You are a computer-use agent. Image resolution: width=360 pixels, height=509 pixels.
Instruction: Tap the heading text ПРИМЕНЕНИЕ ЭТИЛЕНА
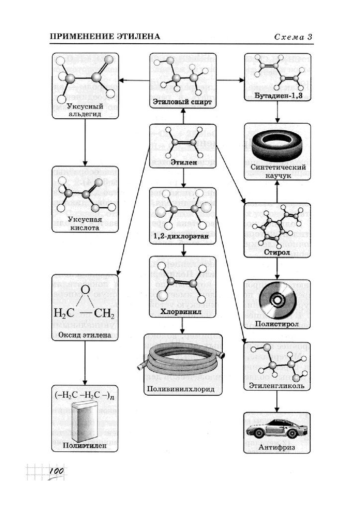point(105,37)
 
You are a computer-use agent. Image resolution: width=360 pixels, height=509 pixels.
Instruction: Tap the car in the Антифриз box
point(276,428)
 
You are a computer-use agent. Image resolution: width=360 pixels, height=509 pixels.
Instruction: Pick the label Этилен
point(182,162)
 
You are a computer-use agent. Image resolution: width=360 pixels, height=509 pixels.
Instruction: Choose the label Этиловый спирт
point(182,102)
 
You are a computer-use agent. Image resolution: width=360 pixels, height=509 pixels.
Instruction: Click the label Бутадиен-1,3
point(277,95)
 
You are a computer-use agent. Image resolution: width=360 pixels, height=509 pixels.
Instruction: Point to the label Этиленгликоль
point(277,385)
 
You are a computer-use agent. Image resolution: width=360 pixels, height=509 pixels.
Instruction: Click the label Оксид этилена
point(85,335)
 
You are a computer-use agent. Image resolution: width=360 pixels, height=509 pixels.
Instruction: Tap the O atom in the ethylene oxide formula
point(85,289)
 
